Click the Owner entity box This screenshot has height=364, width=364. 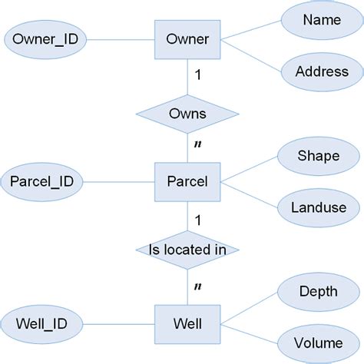pos(187,38)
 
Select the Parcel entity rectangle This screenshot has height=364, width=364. pos(187,182)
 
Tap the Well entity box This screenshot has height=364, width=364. pos(187,324)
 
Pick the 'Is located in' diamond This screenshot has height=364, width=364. pos(187,250)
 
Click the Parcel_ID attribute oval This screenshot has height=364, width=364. pos(42,182)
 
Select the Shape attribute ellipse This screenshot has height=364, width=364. pos(317,156)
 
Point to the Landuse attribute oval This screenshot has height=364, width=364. pos(317,207)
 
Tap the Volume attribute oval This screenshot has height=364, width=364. pos(317,342)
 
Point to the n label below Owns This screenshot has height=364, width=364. pos(198,145)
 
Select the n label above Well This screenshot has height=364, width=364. pos(198,287)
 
